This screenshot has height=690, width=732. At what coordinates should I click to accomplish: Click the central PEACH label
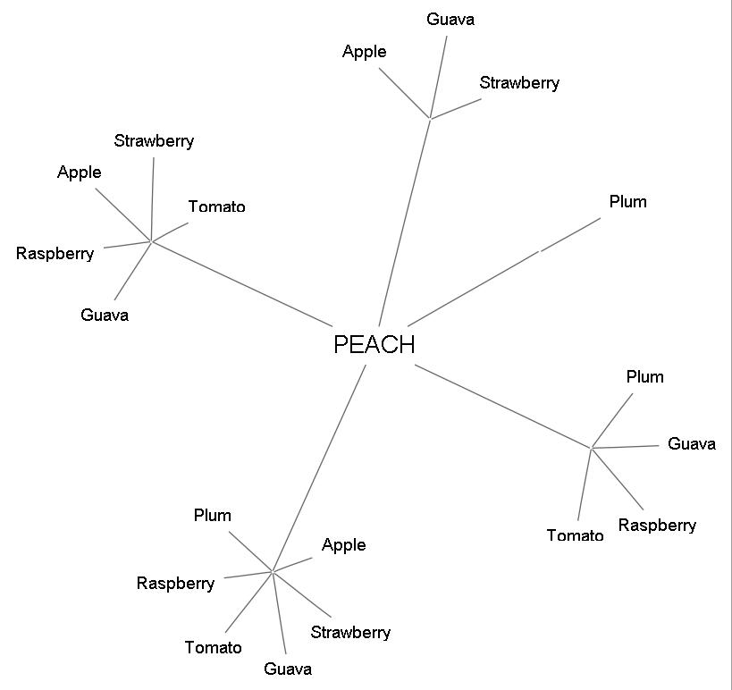(374, 345)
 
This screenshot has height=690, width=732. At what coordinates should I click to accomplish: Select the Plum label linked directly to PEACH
(627, 202)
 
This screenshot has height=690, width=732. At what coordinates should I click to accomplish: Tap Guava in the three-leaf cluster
(450, 19)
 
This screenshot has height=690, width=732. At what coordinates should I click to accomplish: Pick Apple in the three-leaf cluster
(365, 52)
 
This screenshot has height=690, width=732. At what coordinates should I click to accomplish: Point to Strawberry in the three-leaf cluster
(519, 83)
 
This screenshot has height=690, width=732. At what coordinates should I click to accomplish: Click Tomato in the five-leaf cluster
(216, 207)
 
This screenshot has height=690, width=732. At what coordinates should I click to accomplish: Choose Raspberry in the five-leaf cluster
(55, 254)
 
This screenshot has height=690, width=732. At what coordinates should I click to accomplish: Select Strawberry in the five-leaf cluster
(154, 141)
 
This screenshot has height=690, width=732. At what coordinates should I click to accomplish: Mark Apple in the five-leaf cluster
(80, 172)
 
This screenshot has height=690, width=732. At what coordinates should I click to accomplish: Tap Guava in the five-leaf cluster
(105, 315)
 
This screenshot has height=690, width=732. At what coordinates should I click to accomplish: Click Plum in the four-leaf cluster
(644, 377)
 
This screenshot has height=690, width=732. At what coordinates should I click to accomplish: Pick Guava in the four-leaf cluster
(692, 444)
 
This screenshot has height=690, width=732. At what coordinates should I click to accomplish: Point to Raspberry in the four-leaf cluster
(657, 526)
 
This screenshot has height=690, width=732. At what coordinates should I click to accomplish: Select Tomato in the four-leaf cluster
(575, 536)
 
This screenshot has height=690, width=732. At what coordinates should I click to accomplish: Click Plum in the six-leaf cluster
(213, 516)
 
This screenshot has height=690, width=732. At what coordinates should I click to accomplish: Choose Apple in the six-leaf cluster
(344, 545)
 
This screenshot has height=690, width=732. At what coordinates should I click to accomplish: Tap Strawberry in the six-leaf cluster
(350, 633)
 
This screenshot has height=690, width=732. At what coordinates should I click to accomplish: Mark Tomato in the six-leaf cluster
(213, 648)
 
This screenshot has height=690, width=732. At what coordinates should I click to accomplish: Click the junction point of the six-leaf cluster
(272, 571)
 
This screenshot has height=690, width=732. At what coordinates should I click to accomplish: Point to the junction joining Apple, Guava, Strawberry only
(431, 118)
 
